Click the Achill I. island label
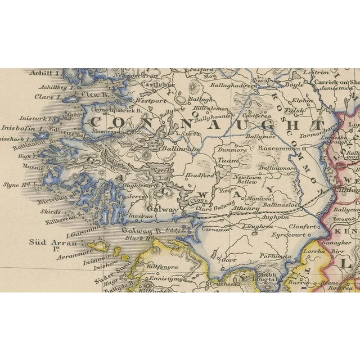coord(47,73)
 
